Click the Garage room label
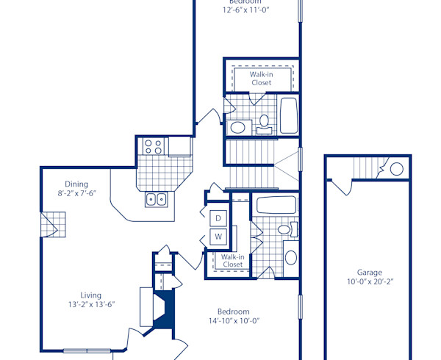[369, 272]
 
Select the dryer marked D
[218, 217]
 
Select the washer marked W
[218, 237]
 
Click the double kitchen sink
[156, 198]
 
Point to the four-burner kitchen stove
[153, 145]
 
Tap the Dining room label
[76, 184]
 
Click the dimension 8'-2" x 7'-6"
[76, 193]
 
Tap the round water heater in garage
[396, 169]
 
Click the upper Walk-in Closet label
[261, 79]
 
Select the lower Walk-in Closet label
[233, 261]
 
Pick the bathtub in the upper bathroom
[287, 115]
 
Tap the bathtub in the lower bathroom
[276, 204]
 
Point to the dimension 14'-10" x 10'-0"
[234, 321]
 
